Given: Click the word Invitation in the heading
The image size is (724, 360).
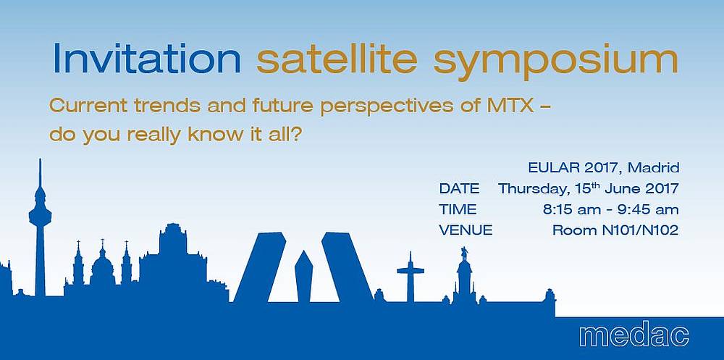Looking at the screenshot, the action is (x=147, y=59).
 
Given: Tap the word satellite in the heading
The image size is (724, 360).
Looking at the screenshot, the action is (x=337, y=59).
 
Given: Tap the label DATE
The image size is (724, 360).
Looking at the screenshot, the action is (x=460, y=188).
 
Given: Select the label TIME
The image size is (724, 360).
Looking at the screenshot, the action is (x=458, y=209).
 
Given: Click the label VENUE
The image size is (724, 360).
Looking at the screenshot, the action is (x=466, y=230).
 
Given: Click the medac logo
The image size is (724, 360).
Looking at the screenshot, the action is (x=634, y=335).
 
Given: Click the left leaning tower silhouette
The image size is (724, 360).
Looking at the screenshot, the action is (x=260, y=267).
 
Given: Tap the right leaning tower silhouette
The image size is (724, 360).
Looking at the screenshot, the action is (x=348, y=267).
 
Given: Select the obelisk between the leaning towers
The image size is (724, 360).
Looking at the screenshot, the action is (x=303, y=277).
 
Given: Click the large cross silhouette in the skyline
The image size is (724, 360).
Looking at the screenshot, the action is (x=410, y=277).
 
